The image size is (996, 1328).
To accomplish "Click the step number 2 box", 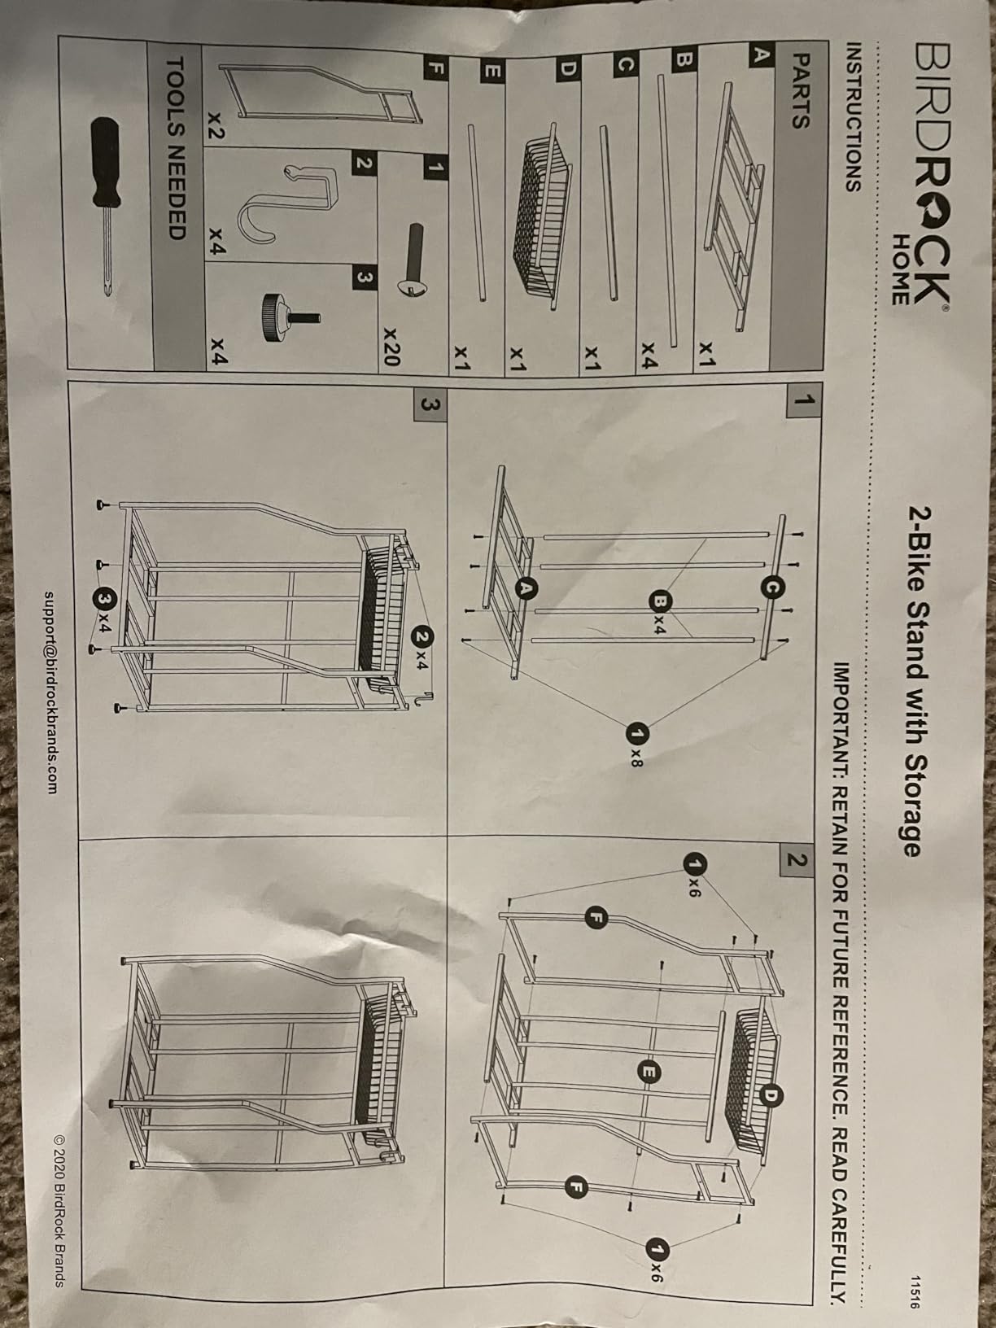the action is tap(796, 860).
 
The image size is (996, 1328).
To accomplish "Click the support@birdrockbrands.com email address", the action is tap(50, 692).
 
